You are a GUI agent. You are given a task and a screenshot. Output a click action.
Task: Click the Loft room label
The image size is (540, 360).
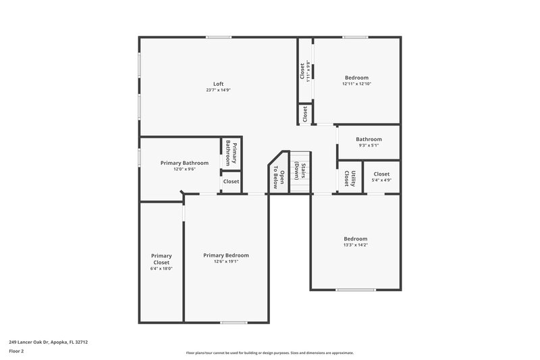(218, 84)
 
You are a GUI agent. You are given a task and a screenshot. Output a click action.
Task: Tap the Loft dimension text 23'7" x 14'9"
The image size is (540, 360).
(218, 91)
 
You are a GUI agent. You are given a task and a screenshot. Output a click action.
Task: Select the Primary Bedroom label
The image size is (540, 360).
(226, 255)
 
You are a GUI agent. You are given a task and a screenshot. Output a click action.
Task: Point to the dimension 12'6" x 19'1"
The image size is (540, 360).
(226, 261)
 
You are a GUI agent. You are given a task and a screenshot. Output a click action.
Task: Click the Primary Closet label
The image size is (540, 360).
(161, 259)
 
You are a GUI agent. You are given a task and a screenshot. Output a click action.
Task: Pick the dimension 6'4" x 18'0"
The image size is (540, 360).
(161, 268)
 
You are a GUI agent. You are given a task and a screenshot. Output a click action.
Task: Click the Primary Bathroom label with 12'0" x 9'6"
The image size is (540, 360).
(184, 163)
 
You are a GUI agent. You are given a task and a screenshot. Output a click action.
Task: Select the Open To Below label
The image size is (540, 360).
(279, 179)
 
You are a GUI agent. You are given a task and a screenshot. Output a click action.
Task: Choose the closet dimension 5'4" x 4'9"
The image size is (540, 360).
(381, 180)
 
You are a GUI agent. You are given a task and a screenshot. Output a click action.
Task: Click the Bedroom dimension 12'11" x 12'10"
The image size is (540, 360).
(356, 84)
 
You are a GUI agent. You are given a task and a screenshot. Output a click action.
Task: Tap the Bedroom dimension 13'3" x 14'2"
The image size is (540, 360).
(355, 245)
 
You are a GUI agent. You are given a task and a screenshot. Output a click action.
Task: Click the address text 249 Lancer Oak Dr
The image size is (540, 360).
(49, 342)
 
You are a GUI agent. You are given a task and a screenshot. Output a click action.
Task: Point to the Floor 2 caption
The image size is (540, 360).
(16, 351)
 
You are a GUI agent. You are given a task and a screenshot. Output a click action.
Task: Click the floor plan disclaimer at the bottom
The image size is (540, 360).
(269, 353)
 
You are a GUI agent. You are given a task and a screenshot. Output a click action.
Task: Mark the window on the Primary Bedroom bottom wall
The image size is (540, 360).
(234, 322)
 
